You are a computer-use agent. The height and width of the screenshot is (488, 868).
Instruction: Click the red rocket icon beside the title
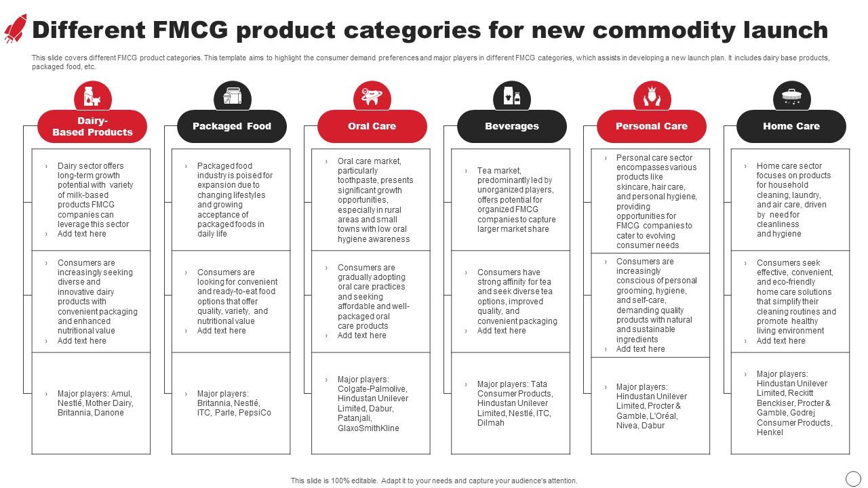click(16, 28)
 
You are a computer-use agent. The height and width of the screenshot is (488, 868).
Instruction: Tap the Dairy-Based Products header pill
click(92, 126)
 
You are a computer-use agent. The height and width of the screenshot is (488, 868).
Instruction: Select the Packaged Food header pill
click(232, 126)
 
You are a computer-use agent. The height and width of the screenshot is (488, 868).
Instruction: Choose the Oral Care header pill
click(372, 126)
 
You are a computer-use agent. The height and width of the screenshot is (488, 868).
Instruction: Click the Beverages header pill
click(512, 126)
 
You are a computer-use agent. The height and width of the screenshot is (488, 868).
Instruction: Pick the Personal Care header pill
click(652, 126)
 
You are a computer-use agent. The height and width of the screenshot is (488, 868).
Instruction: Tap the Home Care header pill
click(791, 126)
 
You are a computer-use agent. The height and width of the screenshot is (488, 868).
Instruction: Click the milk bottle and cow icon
click(93, 96)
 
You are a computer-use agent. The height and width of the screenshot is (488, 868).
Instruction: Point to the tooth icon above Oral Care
click(372, 96)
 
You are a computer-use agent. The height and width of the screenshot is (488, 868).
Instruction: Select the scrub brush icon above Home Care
click(791, 96)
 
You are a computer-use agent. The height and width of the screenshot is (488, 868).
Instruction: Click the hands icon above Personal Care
click(652, 96)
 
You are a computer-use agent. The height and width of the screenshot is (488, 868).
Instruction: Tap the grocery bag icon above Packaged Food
click(233, 96)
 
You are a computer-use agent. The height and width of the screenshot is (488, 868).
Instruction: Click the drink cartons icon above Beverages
click(512, 96)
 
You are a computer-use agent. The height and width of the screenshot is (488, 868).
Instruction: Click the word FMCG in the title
click(191, 30)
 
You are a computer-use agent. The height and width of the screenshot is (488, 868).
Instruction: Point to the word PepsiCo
click(255, 413)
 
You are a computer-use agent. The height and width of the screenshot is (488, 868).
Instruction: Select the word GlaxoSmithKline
click(368, 428)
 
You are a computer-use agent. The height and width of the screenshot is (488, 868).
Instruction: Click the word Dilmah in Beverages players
click(490, 423)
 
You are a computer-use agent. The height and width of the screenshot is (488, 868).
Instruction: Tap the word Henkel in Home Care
click(770, 432)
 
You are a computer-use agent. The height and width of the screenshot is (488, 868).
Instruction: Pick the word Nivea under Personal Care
click(627, 426)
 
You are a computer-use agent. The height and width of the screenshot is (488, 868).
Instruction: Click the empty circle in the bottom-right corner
click(853, 479)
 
